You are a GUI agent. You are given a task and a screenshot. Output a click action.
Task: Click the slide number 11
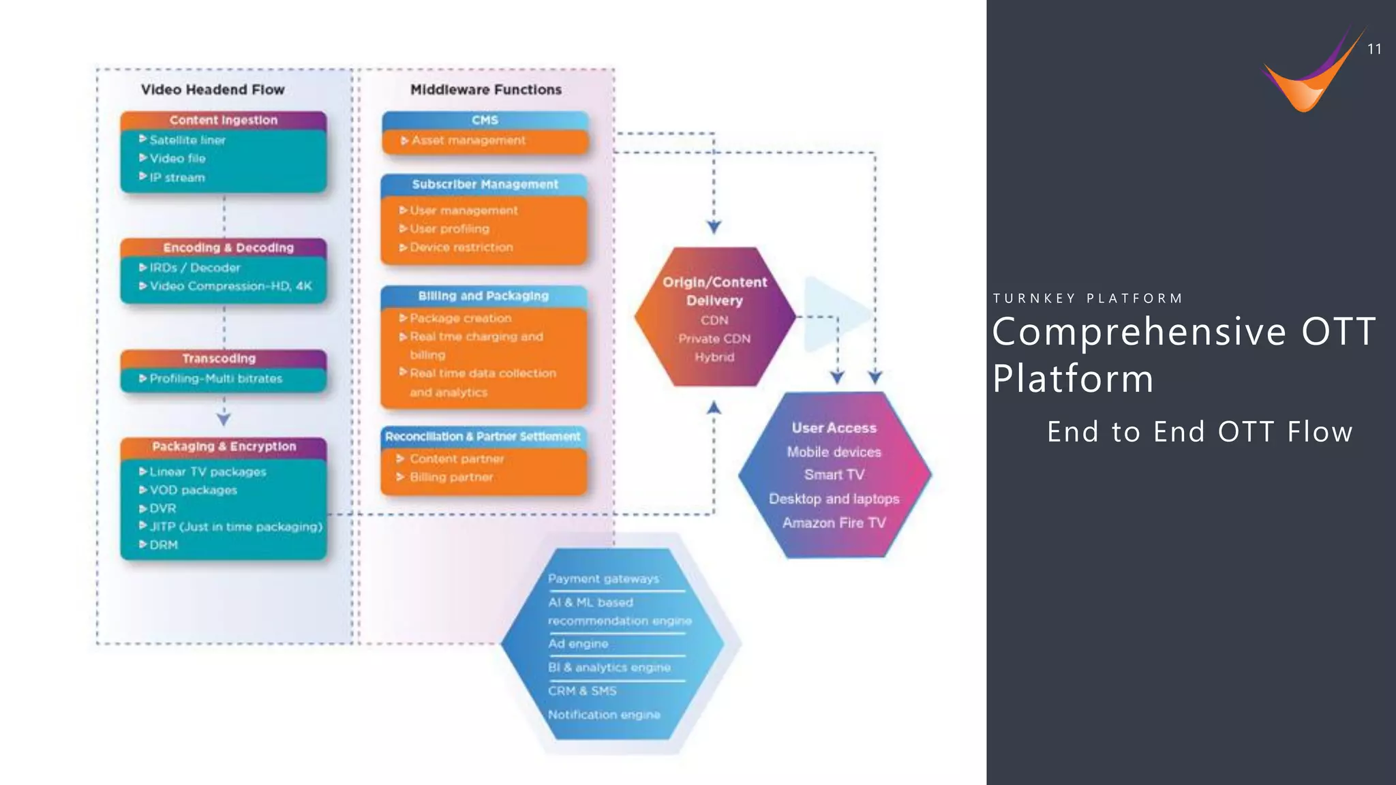pyautogui.click(x=1374, y=49)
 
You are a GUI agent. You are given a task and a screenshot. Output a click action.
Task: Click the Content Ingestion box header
pyautogui.click(x=224, y=120)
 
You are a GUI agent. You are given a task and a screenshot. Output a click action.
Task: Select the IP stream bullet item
pyautogui.click(x=177, y=177)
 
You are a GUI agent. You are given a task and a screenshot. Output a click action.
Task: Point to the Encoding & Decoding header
pyautogui.click(x=228, y=247)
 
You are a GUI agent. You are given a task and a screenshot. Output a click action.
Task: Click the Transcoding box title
pyautogui.click(x=219, y=358)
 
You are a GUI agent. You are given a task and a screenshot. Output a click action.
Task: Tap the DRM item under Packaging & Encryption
pyautogui.click(x=163, y=544)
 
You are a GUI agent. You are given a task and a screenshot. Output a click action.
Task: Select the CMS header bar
pyautogui.click(x=485, y=120)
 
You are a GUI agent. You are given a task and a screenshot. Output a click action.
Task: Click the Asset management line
pyautogui.click(x=468, y=140)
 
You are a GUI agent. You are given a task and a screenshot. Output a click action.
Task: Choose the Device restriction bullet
pyautogui.click(x=461, y=247)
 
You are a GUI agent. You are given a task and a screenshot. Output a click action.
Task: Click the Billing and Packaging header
pyautogui.click(x=483, y=296)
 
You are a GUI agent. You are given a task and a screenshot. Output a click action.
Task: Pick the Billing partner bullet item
pyautogui.click(x=451, y=477)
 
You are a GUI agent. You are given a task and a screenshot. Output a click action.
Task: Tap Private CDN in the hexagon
pyautogui.click(x=714, y=339)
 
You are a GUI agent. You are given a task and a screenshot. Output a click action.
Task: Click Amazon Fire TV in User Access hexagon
pyautogui.click(x=834, y=523)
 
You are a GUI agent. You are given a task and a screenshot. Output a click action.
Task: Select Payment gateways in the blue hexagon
pyautogui.click(x=603, y=579)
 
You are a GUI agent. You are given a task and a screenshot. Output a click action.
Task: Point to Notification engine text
pyautogui.click(x=604, y=715)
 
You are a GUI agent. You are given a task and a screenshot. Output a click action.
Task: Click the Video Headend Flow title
pyautogui.click(x=213, y=89)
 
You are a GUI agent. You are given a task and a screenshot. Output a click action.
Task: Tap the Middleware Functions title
pyautogui.click(x=486, y=89)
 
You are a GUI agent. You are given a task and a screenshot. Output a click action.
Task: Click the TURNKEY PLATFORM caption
pyautogui.click(x=1088, y=298)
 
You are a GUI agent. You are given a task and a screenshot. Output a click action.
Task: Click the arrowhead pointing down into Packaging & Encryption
pyautogui.click(x=224, y=419)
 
